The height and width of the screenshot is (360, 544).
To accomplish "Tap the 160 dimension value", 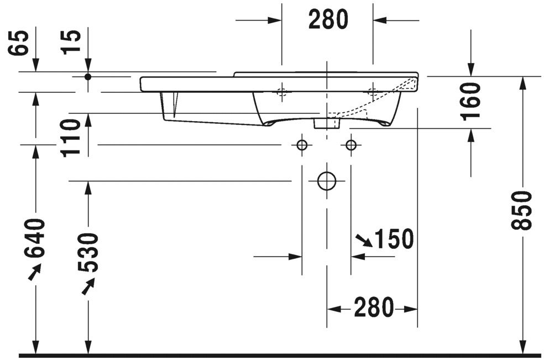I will (x=471, y=101).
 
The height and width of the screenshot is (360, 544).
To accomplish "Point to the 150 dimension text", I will (x=394, y=239).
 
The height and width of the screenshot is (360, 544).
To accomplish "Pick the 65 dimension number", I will (x=19, y=43).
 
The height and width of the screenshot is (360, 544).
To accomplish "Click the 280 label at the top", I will (x=328, y=20).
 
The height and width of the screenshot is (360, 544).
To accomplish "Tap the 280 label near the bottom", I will (x=373, y=307).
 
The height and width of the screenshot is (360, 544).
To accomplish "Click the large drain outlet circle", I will (x=327, y=181).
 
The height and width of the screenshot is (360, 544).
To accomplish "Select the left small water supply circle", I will (x=302, y=145).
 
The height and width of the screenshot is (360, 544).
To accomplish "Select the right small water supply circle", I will (x=351, y=145).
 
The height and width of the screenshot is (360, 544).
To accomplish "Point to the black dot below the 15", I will (x=87, y=76).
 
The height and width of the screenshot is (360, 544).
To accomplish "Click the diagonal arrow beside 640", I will (x=35, y=272).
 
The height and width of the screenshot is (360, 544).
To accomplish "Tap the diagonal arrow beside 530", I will (x=88, y=286).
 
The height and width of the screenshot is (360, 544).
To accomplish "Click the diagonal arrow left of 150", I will (x=364, y=239).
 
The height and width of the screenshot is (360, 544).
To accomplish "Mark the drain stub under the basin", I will (x=320, y=123).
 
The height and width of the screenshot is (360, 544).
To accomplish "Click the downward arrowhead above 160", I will (x=470, y=70).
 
